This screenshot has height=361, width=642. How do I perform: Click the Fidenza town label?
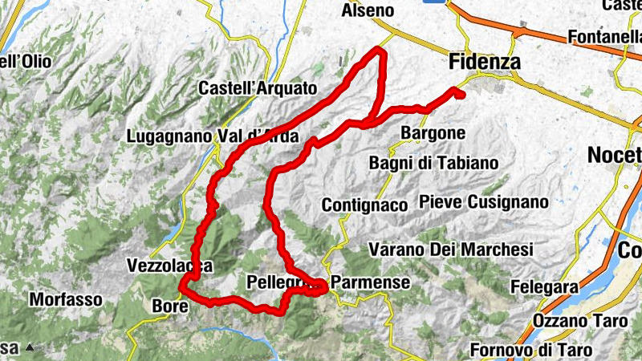485,62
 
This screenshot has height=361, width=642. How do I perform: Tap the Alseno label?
368,10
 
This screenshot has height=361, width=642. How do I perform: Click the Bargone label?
433,132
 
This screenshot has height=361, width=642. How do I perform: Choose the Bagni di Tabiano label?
433,163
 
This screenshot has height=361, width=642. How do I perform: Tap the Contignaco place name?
365,205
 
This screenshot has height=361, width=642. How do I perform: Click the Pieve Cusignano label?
483,201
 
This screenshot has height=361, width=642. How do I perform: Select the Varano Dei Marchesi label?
452,249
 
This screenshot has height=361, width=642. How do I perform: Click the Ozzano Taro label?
578,321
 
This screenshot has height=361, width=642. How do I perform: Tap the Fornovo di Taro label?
531,350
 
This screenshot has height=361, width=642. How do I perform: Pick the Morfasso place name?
66,299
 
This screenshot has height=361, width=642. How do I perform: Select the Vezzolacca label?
169,265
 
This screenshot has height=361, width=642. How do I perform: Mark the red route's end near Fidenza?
461,95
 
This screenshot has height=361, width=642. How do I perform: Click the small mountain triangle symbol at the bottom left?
30,348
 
